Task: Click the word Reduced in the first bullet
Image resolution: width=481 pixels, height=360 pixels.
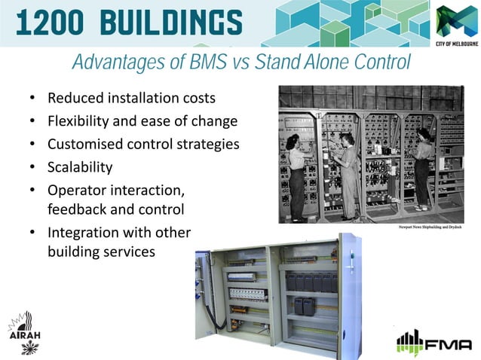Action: (x=74, y=99)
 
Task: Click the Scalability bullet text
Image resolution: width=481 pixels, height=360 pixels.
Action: (x=80, y=166)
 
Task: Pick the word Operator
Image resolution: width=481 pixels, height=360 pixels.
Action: (x=77, y=189)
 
